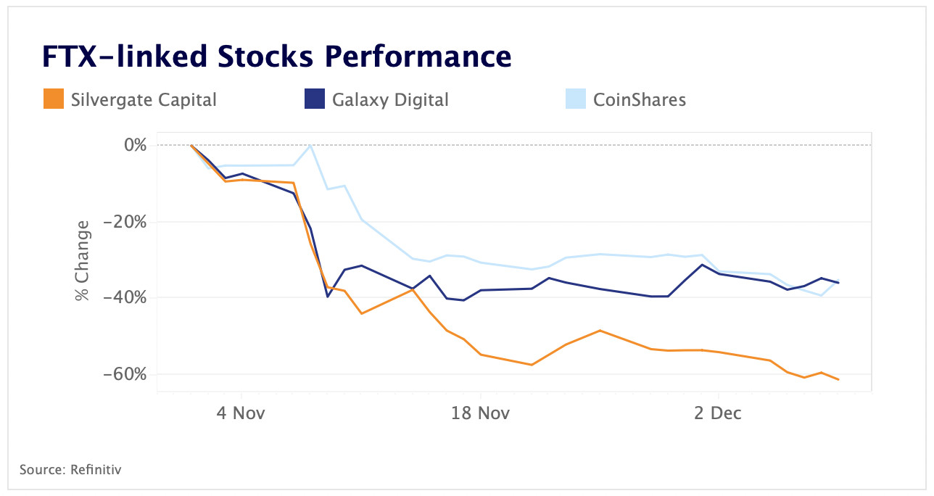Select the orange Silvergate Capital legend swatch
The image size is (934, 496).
click(x=54, y=99)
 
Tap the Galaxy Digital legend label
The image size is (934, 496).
click(x=390, y=99)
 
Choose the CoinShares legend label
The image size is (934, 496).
click(x=639, y=99)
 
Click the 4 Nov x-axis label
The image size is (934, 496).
click(x=240, y=413)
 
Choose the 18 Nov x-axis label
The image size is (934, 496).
click(x=480, y=413)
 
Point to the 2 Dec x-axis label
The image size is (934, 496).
click(x=718, y=413)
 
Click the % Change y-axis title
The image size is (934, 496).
click(x=83, y=260)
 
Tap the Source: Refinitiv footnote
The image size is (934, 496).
click(x=70, y=469)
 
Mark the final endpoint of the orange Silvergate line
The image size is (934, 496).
click(x=838, y=379)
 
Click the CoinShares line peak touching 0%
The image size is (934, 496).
click(x=310, y=146)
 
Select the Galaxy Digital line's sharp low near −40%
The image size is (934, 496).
click(x=328, y=296)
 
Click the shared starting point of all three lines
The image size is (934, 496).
click(x=191, y=145)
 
